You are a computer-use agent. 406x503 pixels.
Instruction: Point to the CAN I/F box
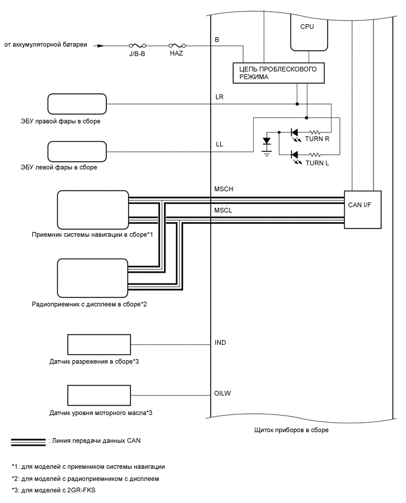pos(362,210)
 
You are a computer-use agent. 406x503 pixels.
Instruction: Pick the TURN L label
pos(317,163)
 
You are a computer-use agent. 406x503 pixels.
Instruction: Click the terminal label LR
pos(220,96)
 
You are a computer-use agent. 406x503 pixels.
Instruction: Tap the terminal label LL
pos(220,144)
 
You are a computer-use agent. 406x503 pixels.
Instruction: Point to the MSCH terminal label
pos(224,190)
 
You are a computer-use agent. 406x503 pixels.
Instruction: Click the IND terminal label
pos(221,342)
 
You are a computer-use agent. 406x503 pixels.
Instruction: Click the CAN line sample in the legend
pos(28,442)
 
